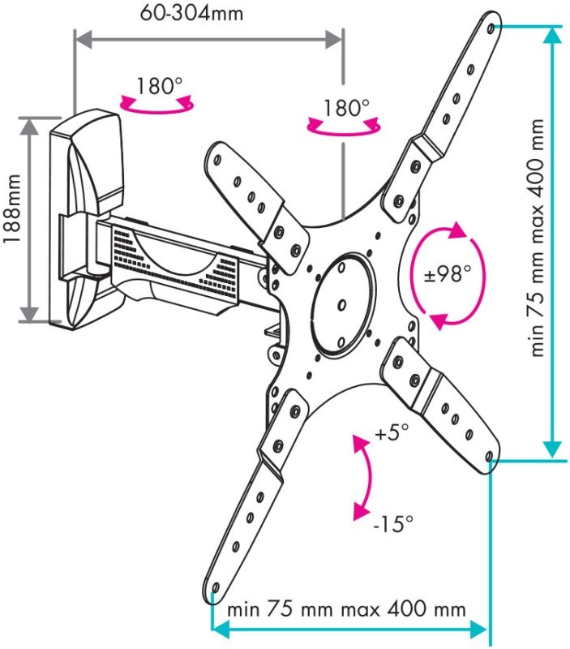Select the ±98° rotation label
pyautogui.click(x=447, y=274)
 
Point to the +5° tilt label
pyautogui.click(x=393, y=434)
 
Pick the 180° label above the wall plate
pyautogui.click(x=158, y=85)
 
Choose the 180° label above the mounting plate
pyautogui.click(x=345, y=107)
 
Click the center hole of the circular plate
pyautogui.click(x=341, y=305)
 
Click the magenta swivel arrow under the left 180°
pyautogui.click(x=157, y=104)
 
